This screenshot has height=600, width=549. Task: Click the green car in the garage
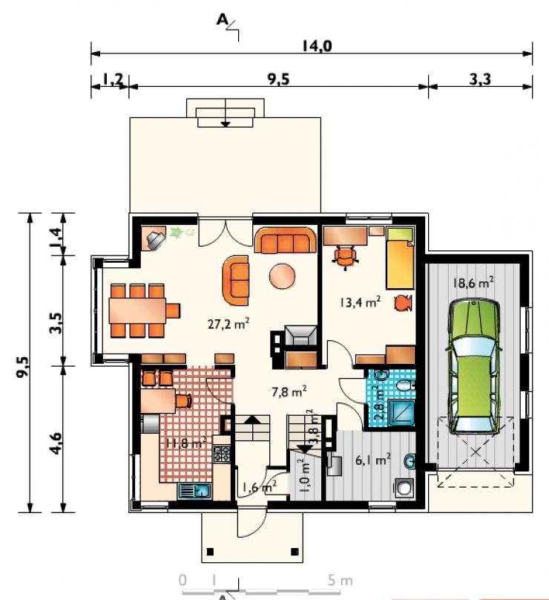click(474, 368)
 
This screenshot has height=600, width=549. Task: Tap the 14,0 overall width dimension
click(317, 46)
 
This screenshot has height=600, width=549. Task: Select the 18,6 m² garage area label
click(473, 283)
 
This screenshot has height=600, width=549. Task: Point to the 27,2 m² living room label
click(229, 324)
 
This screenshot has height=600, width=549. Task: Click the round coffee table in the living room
click(282, 275)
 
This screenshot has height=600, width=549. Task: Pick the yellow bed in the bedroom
click(401, 258)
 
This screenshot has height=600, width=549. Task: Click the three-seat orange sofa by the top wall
click(286, 241)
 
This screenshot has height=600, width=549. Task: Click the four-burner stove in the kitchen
click(222, 454)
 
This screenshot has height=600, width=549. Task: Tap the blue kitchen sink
click(194, 491)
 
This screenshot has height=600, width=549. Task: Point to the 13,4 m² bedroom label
click(360, 302)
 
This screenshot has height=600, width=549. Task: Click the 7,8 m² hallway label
click(289, 391)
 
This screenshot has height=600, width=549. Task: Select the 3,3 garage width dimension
click(480, 79)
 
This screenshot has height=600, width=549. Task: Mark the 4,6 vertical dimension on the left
click(56, 443)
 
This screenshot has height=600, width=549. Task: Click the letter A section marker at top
click(222, 19)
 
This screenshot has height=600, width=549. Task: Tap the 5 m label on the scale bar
click(340, 581)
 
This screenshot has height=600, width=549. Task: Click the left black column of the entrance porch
click(210, 552)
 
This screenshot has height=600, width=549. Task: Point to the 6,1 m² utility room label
click(372, 459)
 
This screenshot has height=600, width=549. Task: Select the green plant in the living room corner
click(177, 232)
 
